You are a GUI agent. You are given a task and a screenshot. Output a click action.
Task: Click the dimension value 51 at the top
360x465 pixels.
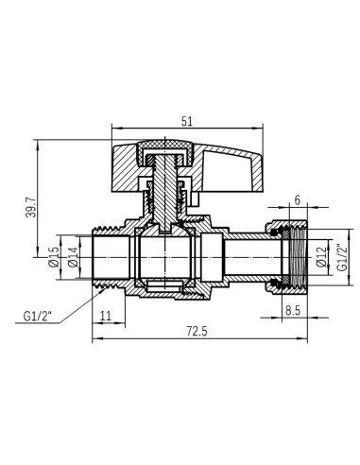click(187, 122)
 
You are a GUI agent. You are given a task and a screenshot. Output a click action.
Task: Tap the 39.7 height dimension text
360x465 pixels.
click(31, 207)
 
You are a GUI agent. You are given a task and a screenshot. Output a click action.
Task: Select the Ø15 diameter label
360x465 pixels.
click(54, 257)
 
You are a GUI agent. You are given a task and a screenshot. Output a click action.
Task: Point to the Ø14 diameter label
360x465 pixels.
click(73, 257)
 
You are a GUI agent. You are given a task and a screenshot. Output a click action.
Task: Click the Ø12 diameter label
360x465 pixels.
click(322, 257)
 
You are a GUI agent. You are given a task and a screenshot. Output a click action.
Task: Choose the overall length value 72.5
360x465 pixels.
click(197, 332)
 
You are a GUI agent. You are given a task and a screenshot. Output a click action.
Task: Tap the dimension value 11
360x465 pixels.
click(106, 316)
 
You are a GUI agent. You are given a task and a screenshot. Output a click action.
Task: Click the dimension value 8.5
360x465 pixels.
click(293, 311)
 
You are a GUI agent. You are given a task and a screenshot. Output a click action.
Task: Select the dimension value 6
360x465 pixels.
click(298, 200)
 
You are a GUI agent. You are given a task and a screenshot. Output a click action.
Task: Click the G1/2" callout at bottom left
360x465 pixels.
click(37, 316)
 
